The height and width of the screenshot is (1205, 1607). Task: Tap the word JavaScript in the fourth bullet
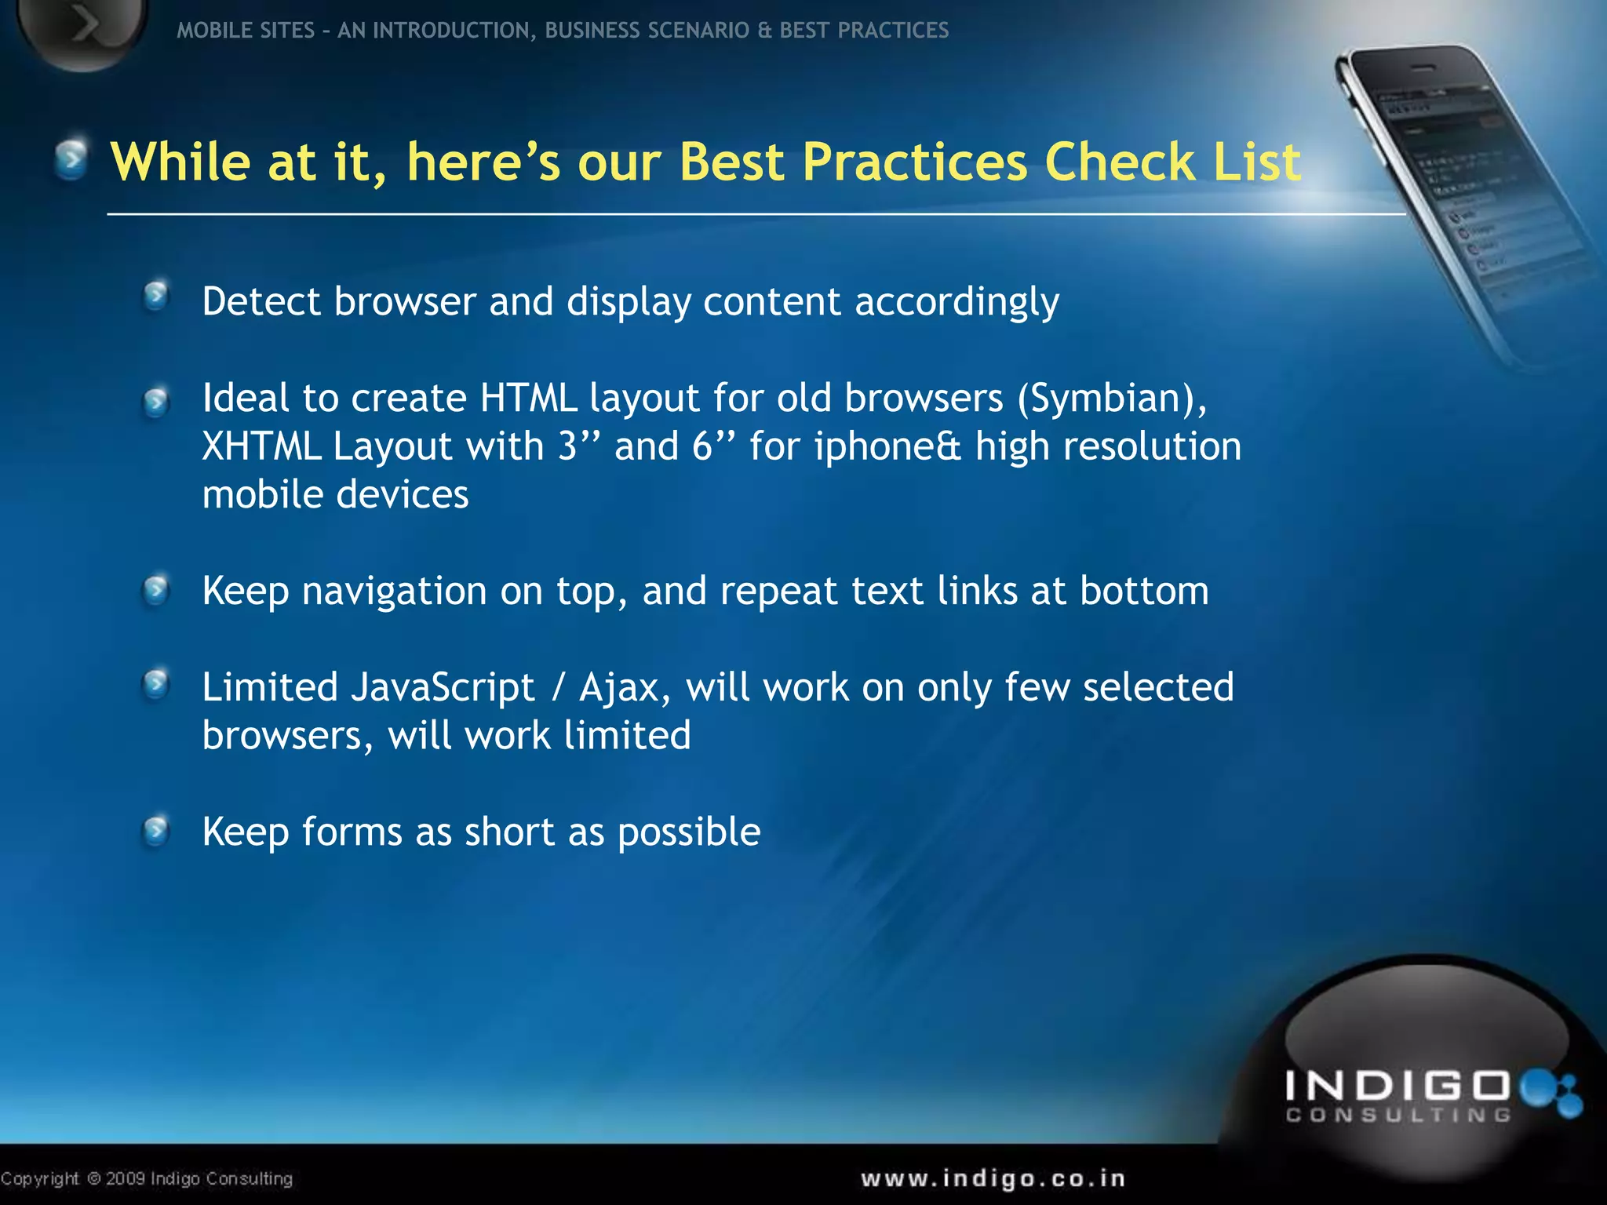[443, 688]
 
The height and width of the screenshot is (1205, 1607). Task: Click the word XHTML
[261, 446]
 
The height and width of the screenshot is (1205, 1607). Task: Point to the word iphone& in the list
[887, 446]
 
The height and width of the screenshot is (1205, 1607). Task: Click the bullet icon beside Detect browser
[156, 297]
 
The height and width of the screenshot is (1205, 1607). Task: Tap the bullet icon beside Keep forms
[156, 829]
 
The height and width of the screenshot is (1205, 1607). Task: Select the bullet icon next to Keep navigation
[156, 589]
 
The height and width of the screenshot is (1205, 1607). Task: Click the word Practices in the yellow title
[914, 162]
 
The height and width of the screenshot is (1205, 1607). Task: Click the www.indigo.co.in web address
[993, 1178]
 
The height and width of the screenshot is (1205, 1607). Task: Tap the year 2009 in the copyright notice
[126, 1178]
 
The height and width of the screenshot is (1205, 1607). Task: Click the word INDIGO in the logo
[1397, 1087]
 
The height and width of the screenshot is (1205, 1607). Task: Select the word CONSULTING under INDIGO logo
[1398, 1115]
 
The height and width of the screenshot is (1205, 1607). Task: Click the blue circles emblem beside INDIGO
[1551, 1092]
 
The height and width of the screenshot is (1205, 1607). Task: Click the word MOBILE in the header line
[206, 31]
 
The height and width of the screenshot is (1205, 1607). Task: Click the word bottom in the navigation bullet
[1144, 591]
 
